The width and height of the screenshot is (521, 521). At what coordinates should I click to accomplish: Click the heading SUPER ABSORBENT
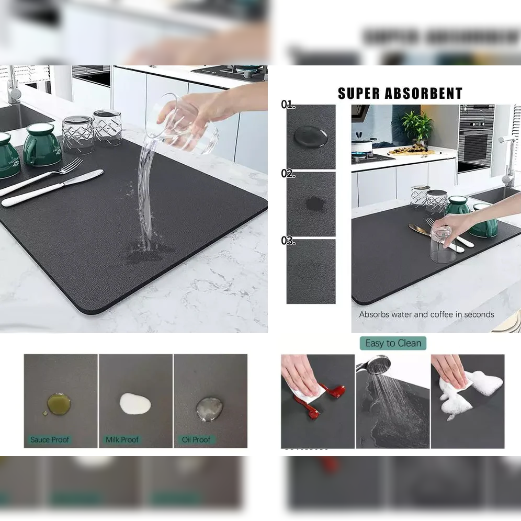[400, 94]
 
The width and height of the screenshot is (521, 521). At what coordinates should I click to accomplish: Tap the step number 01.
[288, 105]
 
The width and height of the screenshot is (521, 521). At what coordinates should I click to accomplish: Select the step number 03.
[288, 241]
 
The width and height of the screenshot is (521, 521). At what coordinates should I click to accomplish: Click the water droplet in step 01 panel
[310, 137]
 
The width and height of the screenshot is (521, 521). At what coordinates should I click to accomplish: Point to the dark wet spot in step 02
[314, 204]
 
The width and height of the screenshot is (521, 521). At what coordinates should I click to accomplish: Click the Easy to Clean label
[393, 343]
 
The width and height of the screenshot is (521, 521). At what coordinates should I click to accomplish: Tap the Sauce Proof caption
[50, 439]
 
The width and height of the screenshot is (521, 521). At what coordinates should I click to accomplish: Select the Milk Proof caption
[122, 439]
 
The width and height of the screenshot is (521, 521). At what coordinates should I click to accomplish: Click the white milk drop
[135, 403]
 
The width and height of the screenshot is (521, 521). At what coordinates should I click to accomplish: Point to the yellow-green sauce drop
[58, 404]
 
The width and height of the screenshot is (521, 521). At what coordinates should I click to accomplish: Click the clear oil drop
[209, 409]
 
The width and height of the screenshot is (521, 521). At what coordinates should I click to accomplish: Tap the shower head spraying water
[378, 365]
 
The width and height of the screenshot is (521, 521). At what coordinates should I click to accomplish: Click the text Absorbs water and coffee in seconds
[426, 314]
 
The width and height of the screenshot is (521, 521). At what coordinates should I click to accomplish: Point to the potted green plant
[417, 127]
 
